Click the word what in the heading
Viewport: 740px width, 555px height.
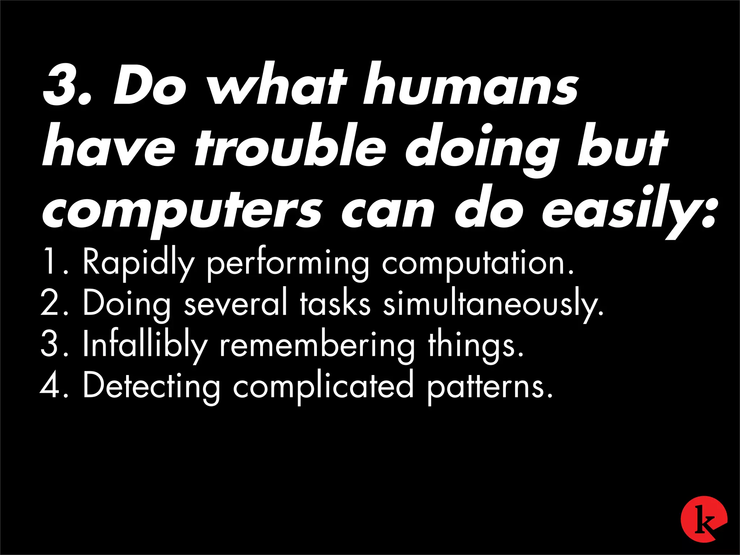click(x=278, y=85)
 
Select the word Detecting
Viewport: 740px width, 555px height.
click(x=151, y=387)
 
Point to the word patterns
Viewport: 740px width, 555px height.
click(x=490, y=387)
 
